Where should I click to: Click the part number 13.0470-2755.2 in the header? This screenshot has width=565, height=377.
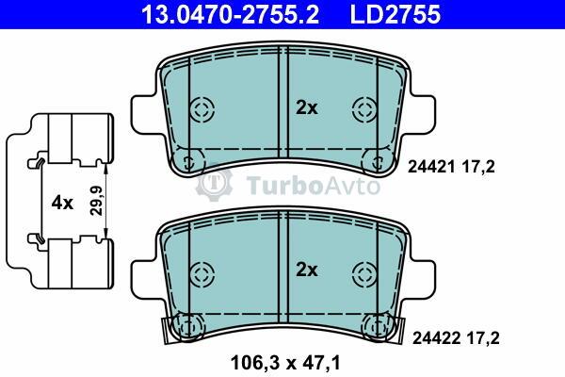click(x=230, y=14)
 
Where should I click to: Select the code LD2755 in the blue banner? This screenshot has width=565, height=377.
click(x=395, y=14)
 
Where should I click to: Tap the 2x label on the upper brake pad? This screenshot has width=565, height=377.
click(x=307, y=107)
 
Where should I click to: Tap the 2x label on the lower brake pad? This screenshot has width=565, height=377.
click(x=307, y=270)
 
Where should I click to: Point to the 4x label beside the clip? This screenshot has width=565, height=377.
click(x=62, y=204)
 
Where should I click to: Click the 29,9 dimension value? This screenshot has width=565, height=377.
click(x=97, y=201)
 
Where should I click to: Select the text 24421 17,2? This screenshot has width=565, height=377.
click(x=451, y=167)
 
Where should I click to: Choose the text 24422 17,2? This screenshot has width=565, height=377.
click(x=456, y=338)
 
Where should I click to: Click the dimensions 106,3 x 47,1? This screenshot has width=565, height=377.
click(x=285, y=363)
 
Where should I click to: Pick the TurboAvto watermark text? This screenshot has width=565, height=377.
click(x=314, y=186)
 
